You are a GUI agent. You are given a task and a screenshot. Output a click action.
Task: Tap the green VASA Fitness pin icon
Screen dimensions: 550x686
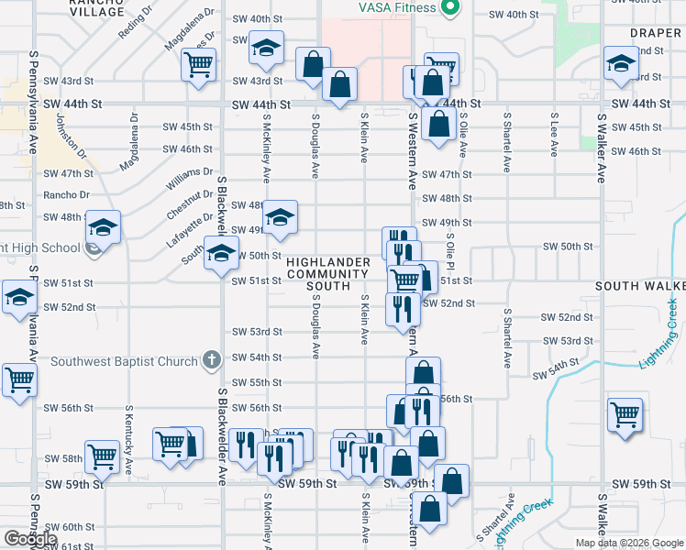point(448,8)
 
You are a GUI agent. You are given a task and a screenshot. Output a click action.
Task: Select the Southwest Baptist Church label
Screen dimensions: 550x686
point(125,360)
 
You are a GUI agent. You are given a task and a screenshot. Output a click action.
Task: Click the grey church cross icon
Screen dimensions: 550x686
point(212,359)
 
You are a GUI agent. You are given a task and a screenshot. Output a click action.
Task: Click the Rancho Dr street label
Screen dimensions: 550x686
point(66,194)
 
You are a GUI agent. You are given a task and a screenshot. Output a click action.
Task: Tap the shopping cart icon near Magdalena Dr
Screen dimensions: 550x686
point(197,64)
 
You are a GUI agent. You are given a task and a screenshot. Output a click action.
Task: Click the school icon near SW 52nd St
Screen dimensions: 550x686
point(18,298)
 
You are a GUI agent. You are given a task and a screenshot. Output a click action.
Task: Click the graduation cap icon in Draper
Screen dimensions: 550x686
point(620,64)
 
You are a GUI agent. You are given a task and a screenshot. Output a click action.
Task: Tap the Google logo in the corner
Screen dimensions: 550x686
point(29,538)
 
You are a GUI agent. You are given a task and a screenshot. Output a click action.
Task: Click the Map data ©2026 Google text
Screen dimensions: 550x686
point(628,543)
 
